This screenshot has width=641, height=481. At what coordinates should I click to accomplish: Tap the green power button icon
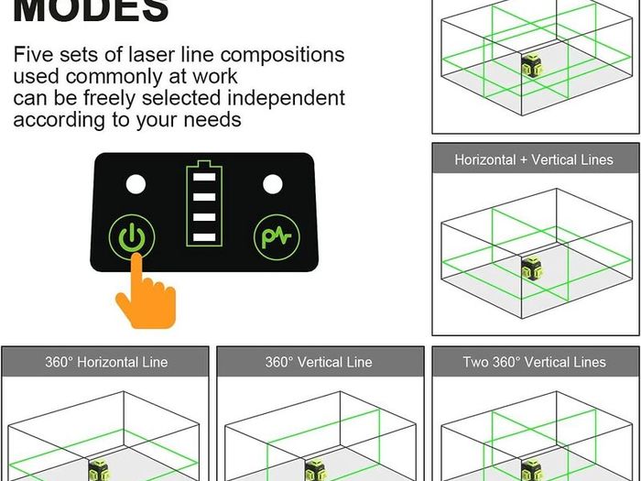pyautogui.click(x=132, y=237)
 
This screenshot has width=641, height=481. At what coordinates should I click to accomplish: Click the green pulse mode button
pyautogui.click(x=277, y=237)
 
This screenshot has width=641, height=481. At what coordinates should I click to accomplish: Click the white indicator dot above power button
pyautogui.click(x=136, y=184)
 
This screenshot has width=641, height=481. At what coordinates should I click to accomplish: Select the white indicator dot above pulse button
pyautogui.click(x=273, y=184)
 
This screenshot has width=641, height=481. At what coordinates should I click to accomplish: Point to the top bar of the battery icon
pyautogui.click(x=204, y=177)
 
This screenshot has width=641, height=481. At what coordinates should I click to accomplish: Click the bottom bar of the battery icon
pyautogui.click(x=204, y=237)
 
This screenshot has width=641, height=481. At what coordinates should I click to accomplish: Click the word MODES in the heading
pyautogui.click(x=92, y=10)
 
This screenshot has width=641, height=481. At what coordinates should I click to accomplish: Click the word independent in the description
pyautogui.click(x=286, y=98)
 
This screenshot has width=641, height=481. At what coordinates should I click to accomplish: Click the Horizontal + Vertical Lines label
pyautogui.click(x=534, y=159)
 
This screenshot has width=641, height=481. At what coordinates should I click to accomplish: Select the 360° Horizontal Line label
pyautogui.click(x=106, y=362)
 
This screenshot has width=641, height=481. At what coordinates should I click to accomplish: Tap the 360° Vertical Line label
pyautogui.click(x=319, y=362)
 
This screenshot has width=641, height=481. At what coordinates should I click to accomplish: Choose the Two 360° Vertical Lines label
pyautogui.click(x=534, y=362)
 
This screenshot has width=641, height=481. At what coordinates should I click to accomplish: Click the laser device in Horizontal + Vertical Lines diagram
pyautogui.click(x=532, y=268)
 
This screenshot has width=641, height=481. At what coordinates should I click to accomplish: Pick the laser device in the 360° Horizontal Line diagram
pyautogui.click(x=100, y=470)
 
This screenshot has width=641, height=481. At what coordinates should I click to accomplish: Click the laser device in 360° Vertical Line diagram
pyautogui.click(x=316, y=470)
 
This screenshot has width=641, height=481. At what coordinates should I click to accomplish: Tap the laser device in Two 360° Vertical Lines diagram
pyautogui.click(x=532, y=470)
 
